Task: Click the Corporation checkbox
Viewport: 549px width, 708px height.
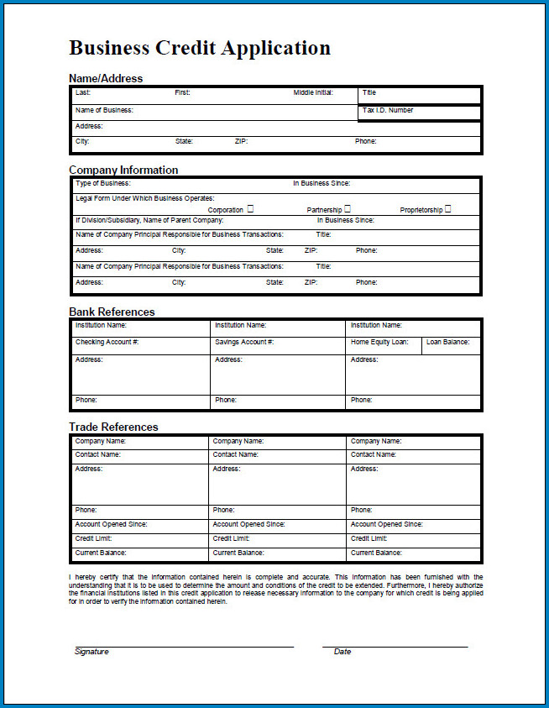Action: pos(250,209)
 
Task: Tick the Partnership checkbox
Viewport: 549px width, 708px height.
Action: pos(348,209)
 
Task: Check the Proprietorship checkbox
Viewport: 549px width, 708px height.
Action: pos(447,209)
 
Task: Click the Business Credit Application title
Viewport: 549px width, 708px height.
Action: pos(200,48)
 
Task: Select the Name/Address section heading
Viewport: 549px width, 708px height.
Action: pos(106,78)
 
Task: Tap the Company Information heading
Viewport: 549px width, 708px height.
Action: pos(123,170)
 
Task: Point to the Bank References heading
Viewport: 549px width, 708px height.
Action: pos(112,312)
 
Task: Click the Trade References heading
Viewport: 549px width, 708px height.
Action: pos(113,427)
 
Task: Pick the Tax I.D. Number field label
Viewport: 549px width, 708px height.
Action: pos(388,110)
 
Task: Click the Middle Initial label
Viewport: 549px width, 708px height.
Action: pos(314,92)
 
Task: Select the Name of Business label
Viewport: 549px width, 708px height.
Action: pos(104,110)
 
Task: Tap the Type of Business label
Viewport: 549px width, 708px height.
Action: pos(102,183)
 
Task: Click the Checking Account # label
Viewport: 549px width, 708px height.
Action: pos(107,342)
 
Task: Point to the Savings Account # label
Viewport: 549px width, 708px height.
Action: pos(244,342)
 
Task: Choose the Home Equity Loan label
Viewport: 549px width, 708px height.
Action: pos(379,342)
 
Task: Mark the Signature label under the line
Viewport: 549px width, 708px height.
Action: pos(91,652)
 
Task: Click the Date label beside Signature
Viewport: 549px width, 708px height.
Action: pos(342,652)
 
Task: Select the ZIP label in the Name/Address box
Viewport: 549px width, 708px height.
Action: pos(241,141)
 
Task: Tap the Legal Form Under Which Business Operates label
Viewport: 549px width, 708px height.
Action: pos(144,198)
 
